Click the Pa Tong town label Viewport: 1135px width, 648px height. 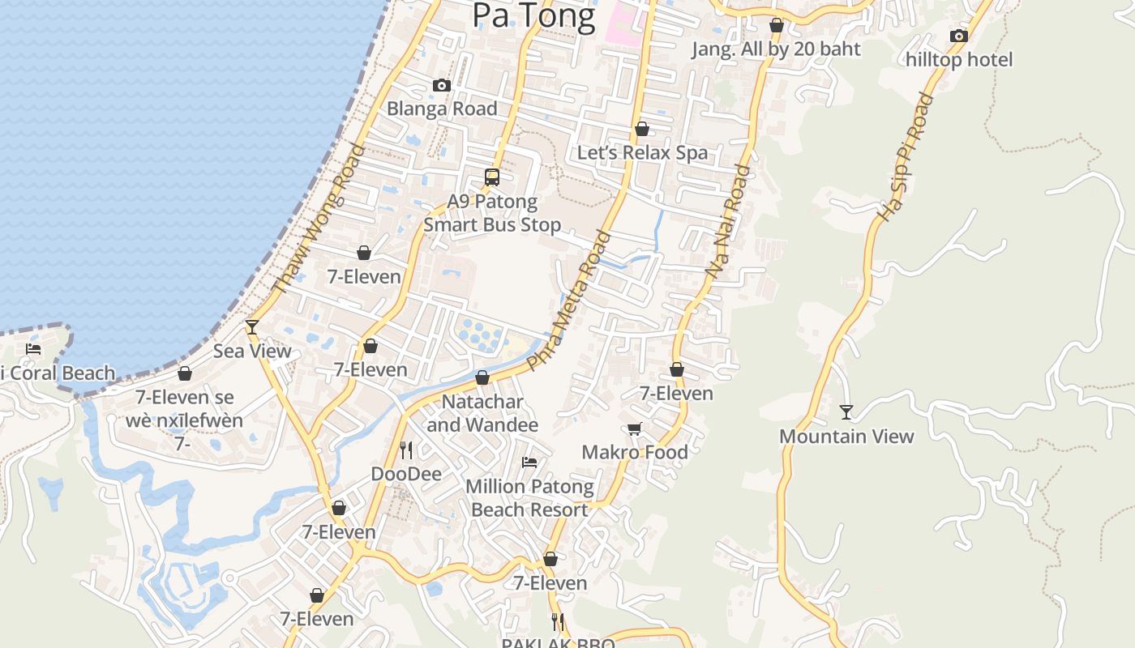(x=533, y=15)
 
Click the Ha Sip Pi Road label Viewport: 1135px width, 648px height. (x=906, y=158)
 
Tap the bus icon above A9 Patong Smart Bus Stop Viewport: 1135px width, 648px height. (x=492, y=177)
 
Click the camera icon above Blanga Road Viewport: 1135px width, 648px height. (x=442, y=85)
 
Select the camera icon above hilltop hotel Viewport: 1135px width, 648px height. (x=959, y=36)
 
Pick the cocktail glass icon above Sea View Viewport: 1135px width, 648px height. (x=252, y=326)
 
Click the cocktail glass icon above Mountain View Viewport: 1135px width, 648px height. (x=846, y=412)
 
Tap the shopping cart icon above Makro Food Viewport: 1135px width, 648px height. (x=634, y=428)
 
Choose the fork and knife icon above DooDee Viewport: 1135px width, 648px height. (x=406, y=450)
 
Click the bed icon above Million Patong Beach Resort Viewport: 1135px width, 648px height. (x=529, y=463)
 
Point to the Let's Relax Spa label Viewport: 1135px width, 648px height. (x=642, y=152)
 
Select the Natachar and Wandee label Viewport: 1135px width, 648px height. (x=482, y=413)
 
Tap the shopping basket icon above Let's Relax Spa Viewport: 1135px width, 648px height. (x=642, y=129)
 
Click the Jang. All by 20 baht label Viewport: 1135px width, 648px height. (x=776, y=49)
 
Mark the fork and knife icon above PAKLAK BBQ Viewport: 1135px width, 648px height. (x=558, y=621)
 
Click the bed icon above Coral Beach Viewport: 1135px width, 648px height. (x=33, y=349)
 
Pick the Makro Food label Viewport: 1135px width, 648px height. (x=635, y=452)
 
